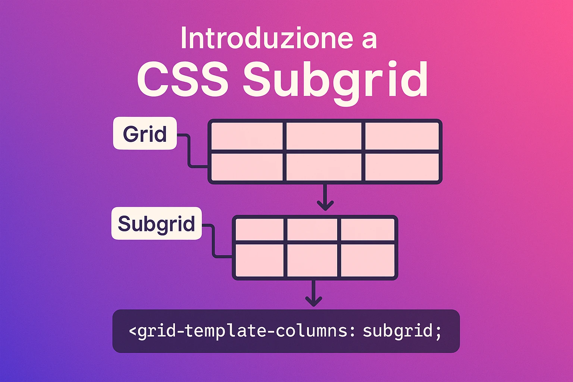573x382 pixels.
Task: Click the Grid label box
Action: (x=145, y=133)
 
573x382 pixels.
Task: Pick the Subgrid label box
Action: (x=157, y=223)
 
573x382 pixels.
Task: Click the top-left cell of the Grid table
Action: (x=247, y=136)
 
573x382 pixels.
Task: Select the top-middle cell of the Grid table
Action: (x=323, y=136)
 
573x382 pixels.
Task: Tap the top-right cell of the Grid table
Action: (x=402, y=136)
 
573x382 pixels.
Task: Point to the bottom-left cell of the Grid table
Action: (x=247, y=167)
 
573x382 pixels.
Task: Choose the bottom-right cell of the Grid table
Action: (x=402, y=167)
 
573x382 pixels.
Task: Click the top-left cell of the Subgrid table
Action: (x=259, y=229)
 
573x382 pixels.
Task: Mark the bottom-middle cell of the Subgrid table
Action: (x=312, y=260)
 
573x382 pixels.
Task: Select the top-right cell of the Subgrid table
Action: (x=367, y=229)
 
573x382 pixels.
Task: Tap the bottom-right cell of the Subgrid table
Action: (x=367, y=260)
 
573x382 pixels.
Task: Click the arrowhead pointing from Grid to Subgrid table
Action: (x=325, y=206)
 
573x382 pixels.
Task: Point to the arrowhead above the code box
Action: (x=314, y=301)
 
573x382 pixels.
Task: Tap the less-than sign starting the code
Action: (x=133, y=331)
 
